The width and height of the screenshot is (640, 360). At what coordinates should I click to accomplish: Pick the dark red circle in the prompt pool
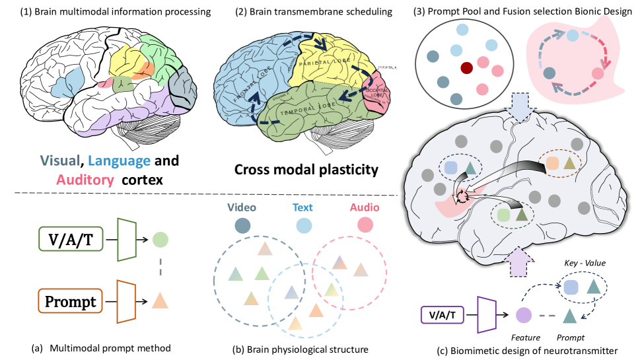coord(467,67)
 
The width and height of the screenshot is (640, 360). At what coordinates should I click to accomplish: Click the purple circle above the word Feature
coord(524,316)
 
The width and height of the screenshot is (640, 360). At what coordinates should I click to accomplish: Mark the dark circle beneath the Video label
coord(242,226)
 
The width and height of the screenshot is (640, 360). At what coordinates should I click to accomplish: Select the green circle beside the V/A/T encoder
coord(159,240)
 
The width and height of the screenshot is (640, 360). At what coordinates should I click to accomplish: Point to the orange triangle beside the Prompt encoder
coord(159,301)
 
